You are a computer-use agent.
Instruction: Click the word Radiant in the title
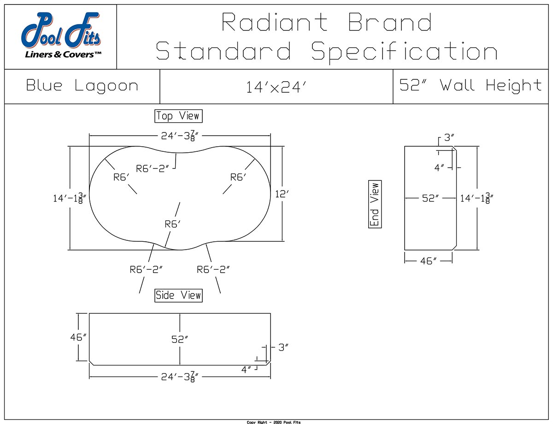[275, 22]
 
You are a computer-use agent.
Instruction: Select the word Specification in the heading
[404, 51]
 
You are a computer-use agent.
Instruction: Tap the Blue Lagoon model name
[82, 86]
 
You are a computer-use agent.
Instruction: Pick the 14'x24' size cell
[276, 87]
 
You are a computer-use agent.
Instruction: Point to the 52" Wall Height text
[471, 86]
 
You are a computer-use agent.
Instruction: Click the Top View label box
[178, 116]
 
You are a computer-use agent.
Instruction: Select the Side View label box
[178, 295]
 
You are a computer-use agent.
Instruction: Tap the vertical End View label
[375, 204]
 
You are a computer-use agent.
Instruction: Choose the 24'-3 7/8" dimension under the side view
[180, 377]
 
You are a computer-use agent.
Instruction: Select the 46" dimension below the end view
[428, 261]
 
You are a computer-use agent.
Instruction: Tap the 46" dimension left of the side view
[78, 337]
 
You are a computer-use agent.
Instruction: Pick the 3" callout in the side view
[282, 347]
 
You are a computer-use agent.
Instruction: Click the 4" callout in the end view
[439, 168]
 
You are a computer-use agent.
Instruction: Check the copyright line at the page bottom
[274, 422]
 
